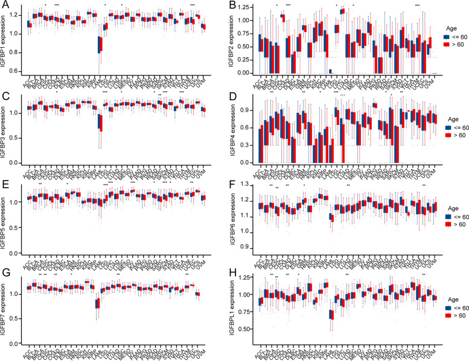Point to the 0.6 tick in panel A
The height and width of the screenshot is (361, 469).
pos(16,71)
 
